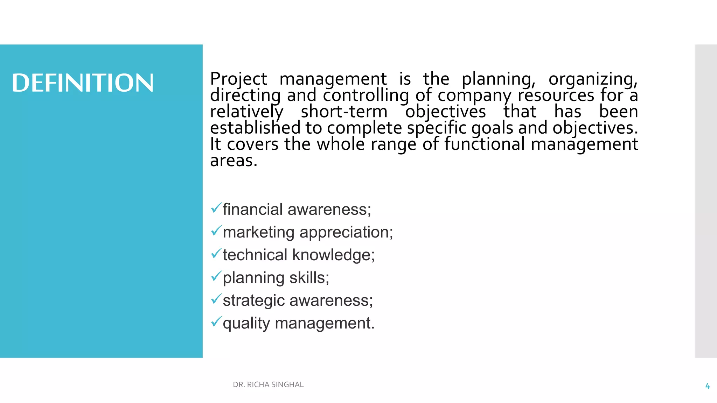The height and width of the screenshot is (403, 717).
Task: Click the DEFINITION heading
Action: point(83,83)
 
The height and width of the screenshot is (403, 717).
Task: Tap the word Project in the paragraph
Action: point(238,79)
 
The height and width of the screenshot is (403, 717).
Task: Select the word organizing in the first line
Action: point(593,79)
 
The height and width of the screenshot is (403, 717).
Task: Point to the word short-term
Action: point(344,112)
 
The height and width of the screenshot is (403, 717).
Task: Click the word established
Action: point(255,128)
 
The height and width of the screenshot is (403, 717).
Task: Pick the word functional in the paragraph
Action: point(485,144)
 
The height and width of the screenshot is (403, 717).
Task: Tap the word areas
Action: point(234,161)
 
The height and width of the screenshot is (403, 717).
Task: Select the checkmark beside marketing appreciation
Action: point(216,231)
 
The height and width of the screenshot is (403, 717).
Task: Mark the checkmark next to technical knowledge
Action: point(216,253)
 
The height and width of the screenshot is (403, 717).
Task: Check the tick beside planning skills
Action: point(216,276)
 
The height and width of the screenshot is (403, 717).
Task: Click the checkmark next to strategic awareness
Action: point(216,299)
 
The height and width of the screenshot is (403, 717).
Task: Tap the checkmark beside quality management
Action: point(216,321)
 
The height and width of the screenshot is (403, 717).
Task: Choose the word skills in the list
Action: point(309,278)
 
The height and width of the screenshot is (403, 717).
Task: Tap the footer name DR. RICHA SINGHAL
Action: point(268,385)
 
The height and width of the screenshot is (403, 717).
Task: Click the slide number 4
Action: point(707,386)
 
